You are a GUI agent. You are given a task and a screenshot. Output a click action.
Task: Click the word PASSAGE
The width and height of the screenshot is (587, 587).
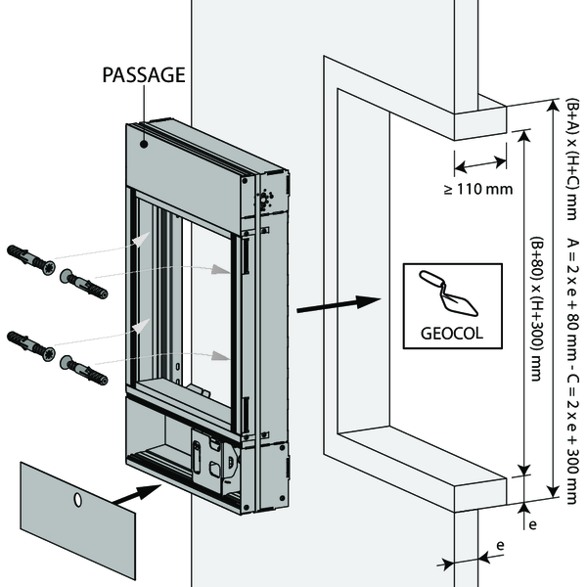145,74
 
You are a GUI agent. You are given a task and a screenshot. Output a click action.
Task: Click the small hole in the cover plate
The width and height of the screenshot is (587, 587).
76,501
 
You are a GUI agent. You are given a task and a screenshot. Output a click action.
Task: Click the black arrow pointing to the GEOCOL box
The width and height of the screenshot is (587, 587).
337,303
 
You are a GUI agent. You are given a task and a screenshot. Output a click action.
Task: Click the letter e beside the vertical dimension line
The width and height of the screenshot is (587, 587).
533,524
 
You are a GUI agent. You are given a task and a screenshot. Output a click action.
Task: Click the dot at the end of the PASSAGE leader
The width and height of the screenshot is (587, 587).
145,142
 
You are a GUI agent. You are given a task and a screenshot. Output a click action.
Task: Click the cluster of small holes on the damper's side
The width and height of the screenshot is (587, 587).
264,200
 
